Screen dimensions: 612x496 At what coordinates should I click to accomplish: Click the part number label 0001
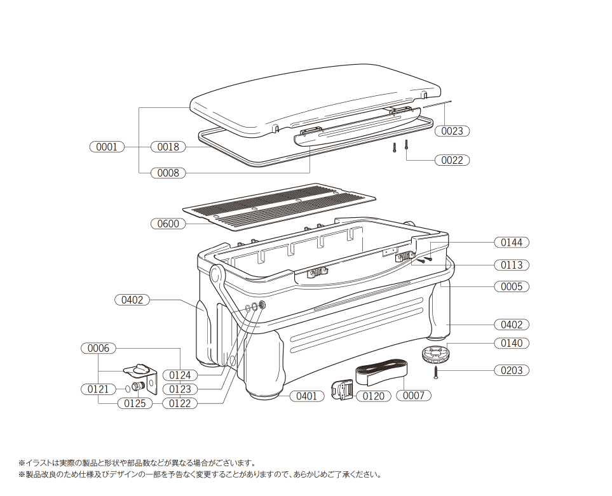[x=107, y=147]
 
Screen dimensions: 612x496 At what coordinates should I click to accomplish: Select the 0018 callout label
[x=168, y=147]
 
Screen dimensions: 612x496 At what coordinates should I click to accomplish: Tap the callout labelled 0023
[x=452, y=131]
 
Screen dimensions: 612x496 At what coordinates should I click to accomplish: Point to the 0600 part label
[x=168, y=224]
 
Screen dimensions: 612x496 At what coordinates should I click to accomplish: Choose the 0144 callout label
[x=512, y=243]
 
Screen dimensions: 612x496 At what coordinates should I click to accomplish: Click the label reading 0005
[x=512, y=286]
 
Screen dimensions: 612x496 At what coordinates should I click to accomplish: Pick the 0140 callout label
[x=512, y=343]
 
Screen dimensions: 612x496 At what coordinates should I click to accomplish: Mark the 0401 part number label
[x=307, y=396]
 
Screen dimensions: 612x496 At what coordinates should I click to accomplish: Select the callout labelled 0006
[x=99, y=348]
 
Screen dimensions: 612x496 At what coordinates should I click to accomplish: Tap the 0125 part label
[x=135, y=403]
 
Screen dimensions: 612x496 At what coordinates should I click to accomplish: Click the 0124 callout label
[x=180, y=375]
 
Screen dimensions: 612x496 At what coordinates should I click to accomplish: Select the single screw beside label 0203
[x=435, y=372]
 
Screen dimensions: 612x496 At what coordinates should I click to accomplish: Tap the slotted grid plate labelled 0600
[x=280, y=206]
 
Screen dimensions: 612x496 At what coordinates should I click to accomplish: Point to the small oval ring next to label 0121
[x=127, y=389]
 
